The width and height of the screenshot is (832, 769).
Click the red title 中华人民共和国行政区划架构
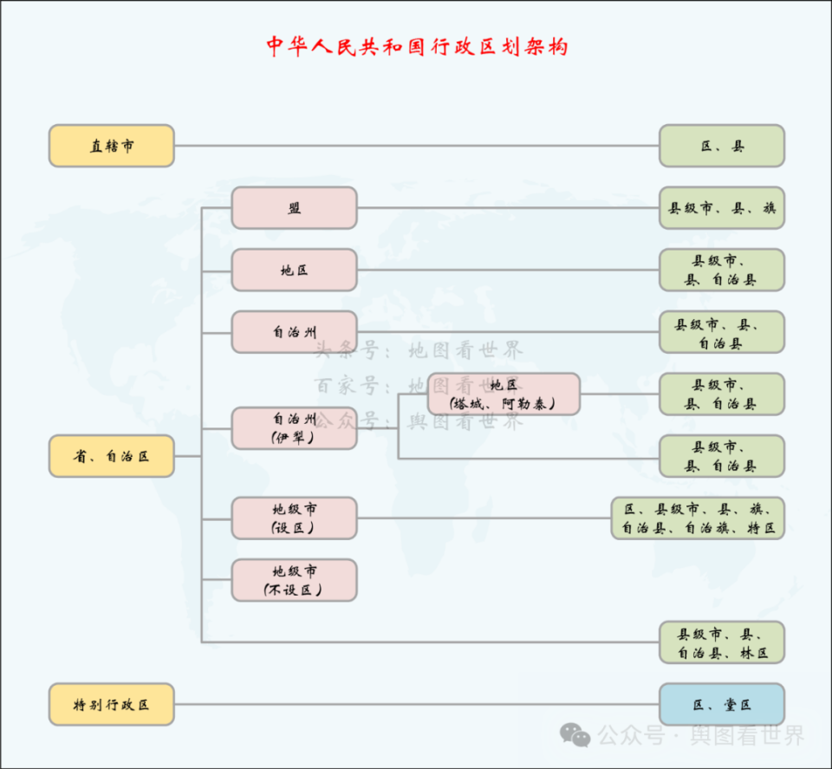(x=417, y=47)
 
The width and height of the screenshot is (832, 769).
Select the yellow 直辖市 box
(x=111, y=146)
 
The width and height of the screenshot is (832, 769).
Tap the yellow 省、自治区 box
(x=111, y=456)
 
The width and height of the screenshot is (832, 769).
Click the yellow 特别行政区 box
(x=111, y=704)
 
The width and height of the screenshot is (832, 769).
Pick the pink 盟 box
(x=294, y=208)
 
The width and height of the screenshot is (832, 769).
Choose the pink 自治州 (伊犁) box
(x=294, y=428)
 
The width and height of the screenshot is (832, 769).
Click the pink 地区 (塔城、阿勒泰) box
(x=504, y=394)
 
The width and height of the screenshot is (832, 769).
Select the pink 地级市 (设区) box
(x=294, y=518)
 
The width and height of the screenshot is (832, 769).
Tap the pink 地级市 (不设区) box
(x=294, y=580)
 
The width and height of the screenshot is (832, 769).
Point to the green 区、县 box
(x=721, y=146)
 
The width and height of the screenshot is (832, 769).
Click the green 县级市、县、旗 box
(x=721, y=208)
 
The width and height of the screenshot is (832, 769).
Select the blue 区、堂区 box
(x=721, y=704)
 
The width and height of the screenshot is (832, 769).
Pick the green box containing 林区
(x=721, y=642)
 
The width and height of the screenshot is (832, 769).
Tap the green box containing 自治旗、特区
(x=698, y=518)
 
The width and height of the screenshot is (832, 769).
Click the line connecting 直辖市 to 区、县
(x=416, y=146)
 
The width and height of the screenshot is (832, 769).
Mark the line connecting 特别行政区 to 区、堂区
(x=416, y=704)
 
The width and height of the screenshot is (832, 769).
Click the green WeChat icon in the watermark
(x=575, y=735)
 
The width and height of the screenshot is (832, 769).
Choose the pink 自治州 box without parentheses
(x=294, y=332)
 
